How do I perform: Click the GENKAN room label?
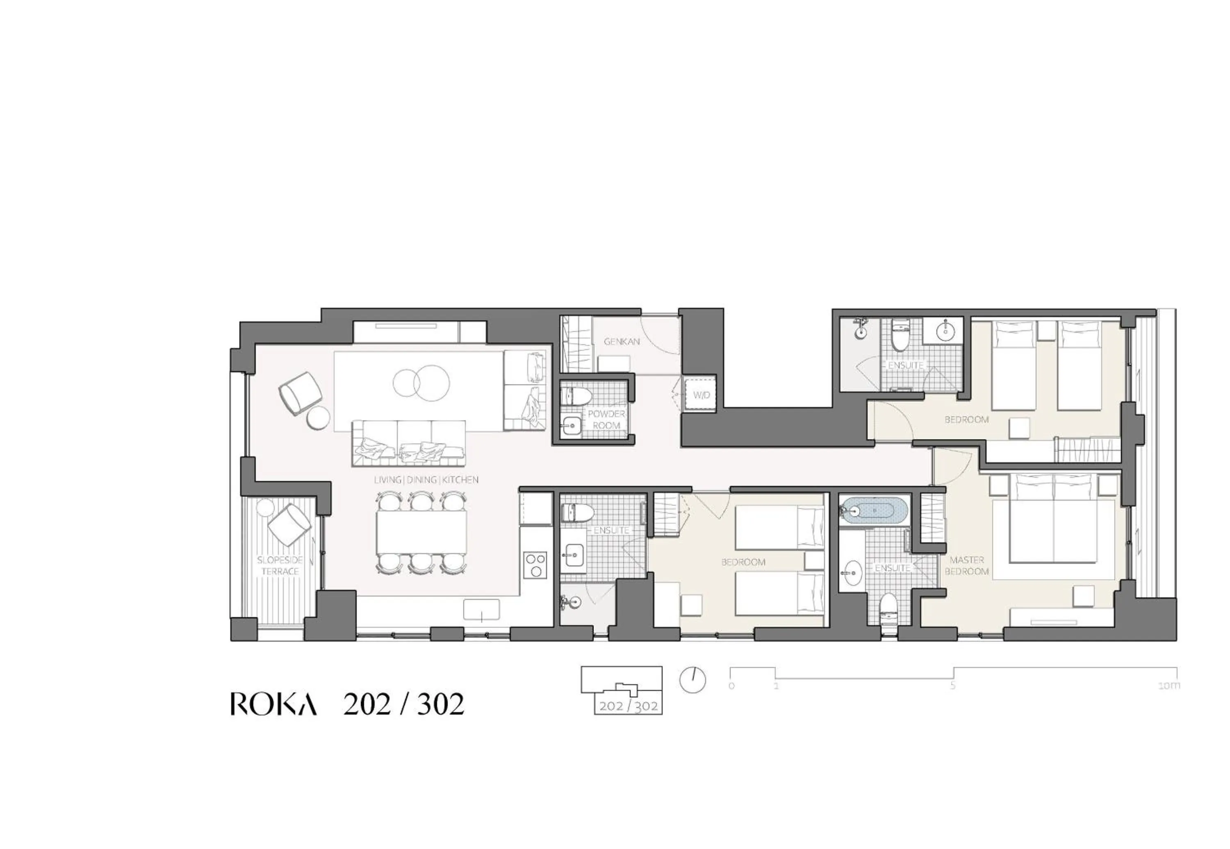coord(621,341)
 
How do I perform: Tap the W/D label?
coord(701,395)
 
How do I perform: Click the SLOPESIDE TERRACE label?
coord(280,565)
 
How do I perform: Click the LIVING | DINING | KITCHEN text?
coord(426,479)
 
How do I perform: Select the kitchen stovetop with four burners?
coord(535,565)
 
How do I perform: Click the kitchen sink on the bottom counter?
coord(481,610)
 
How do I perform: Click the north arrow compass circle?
coord(692,680)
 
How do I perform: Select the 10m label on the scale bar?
coord(1169,686)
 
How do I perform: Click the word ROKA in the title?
coord(273,705)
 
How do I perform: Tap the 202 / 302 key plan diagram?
coord(621,690)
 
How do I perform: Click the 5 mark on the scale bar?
coord(953,686)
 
